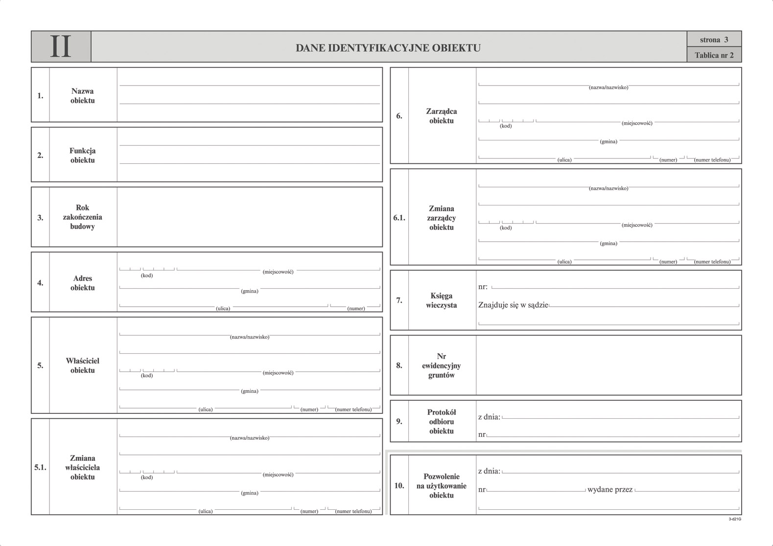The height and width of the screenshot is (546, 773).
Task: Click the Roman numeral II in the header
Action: point(61,47)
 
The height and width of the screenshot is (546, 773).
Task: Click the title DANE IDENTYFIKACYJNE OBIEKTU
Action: point(388,48)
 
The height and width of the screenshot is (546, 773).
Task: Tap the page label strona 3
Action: point(714,40)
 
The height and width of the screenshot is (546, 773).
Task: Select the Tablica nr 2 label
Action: point(714,55)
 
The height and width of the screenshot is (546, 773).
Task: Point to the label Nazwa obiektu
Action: point(82,95)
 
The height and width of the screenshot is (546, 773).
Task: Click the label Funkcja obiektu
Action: point(82,155)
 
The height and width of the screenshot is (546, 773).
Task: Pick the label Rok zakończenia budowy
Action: point(82,217)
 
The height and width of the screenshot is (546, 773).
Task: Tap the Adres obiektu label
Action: point(82,283)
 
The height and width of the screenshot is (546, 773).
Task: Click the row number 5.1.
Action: point(40,467)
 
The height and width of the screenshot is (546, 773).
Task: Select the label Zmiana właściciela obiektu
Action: point(82,467)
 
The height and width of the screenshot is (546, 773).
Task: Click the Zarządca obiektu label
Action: point(441,116)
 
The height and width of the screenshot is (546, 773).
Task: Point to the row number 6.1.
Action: point(399,218)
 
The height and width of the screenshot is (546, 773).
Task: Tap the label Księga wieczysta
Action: point(441,300)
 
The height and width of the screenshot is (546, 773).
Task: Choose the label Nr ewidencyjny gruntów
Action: point(441,365)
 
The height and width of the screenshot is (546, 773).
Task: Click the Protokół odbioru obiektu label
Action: point(441,421)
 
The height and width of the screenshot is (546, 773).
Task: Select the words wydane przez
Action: point(610,489)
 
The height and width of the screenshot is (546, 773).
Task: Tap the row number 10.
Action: point(399,485)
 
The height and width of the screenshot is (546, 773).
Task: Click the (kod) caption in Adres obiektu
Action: point(147,275)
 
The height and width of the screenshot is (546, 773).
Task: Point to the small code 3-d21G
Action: point(735,519)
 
